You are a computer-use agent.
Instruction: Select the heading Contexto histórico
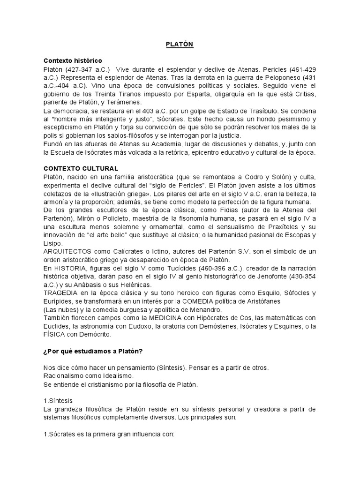pyautogui.click(x=73, y=61)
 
